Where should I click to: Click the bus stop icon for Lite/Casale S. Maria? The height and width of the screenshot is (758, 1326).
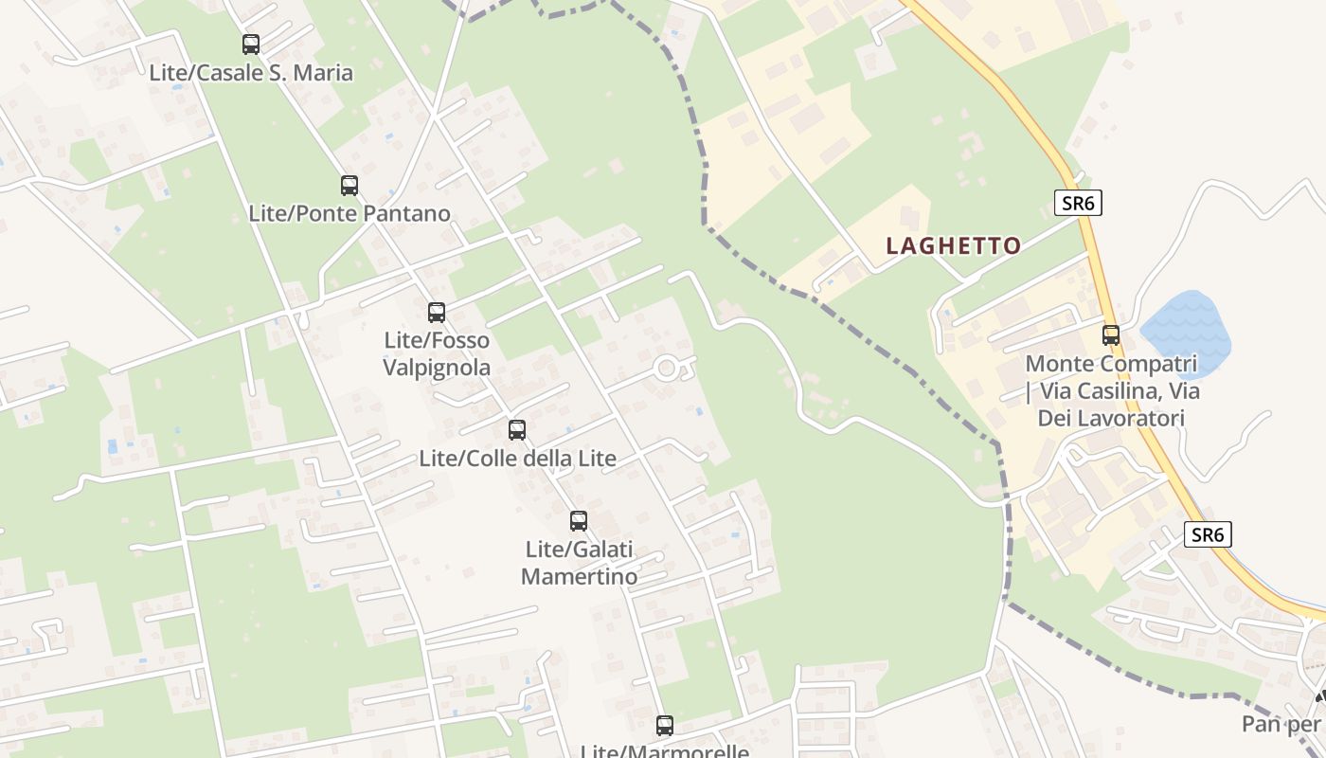pos(251,45)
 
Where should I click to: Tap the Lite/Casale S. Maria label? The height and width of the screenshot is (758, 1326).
pos(251,73)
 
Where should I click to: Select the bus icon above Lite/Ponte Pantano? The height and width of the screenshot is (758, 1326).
pos(349,186)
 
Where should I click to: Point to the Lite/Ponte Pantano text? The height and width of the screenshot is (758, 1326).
pos(349,213)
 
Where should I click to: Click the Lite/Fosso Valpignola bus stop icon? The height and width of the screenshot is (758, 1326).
pos(437,313)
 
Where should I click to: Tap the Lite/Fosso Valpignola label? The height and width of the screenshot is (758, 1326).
pos(437,353)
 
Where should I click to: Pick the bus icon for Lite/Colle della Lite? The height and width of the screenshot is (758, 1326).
pos(517,430)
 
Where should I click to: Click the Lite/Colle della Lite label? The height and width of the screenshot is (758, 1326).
pos(517,459)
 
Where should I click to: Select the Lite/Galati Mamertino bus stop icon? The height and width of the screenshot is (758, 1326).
pos(579,521)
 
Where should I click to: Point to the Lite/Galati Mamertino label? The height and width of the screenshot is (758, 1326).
pos(579,563)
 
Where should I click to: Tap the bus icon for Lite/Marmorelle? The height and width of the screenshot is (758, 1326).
pos(665,726)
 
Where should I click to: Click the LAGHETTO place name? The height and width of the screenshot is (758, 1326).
pos(953,246)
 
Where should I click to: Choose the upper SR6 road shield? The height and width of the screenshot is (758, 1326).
pos(1078,202)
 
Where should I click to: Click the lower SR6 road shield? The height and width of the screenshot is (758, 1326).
pos(1208,534)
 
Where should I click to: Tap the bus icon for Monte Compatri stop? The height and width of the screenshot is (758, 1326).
pos(1111,335)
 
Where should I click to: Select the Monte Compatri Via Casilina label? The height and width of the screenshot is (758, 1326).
pos(1112,390)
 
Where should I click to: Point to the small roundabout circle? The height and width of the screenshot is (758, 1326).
pos(667,368)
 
